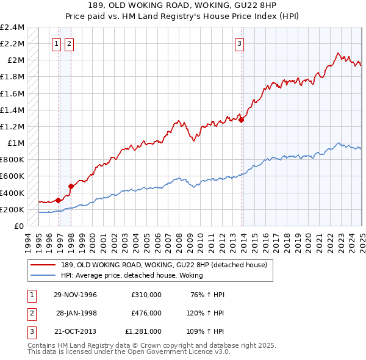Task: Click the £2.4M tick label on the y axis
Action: pos(13,27)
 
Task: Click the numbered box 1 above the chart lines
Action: pos(56,43)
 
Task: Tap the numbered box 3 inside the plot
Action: pos(240,43)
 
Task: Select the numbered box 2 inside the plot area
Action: pos(69,43)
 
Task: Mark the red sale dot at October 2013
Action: pos(242,120)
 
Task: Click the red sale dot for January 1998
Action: pos(71,186)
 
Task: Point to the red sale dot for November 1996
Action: pos(59,200)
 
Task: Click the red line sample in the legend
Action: pos(43,265)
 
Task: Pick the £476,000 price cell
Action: pos(146,312)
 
